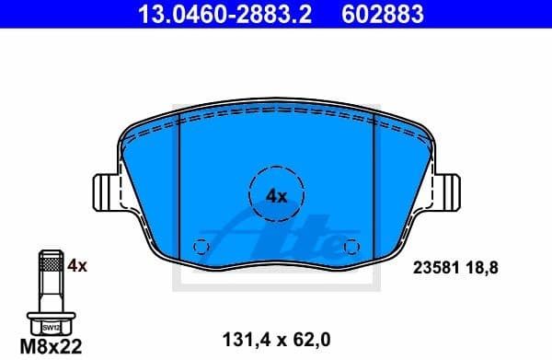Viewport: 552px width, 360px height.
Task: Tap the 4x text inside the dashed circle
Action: tap(277, 195)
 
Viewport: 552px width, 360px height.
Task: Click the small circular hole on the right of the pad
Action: tap(350, 246)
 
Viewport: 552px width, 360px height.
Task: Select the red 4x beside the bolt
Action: tap(77, 266)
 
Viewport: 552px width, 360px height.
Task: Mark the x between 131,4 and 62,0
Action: tap(277, 339)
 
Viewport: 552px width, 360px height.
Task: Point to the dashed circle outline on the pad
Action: tap(277, 167)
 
